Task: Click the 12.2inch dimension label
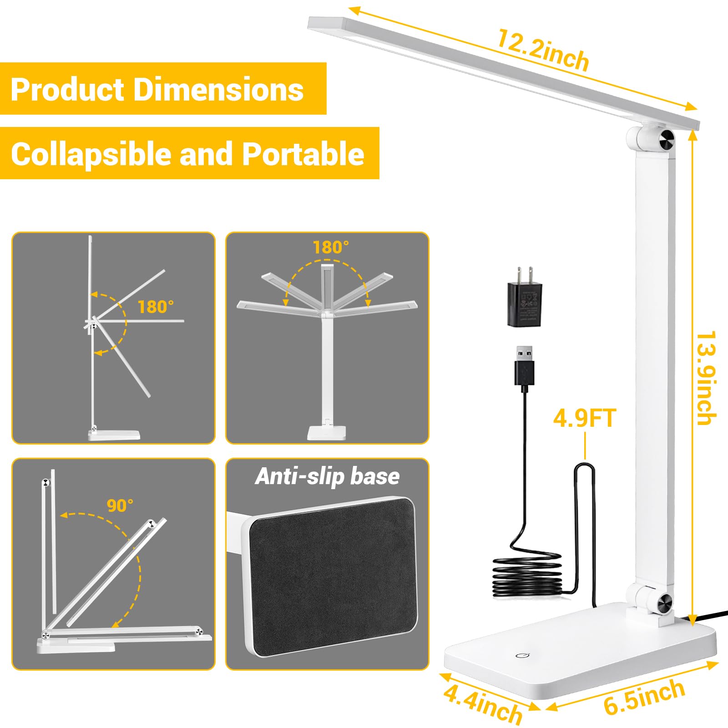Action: click(x=543, y=50)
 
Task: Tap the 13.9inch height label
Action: click(x=706, y=378)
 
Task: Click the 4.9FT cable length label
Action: click(x=585, y=418)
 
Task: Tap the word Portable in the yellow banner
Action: click(x=303, y=154)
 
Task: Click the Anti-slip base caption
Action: click(x=327, y=476)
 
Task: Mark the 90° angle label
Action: click(x=120, y=506)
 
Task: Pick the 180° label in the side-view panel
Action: click(x=156, y=307)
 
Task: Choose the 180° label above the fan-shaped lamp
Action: click(x=331, y=248)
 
